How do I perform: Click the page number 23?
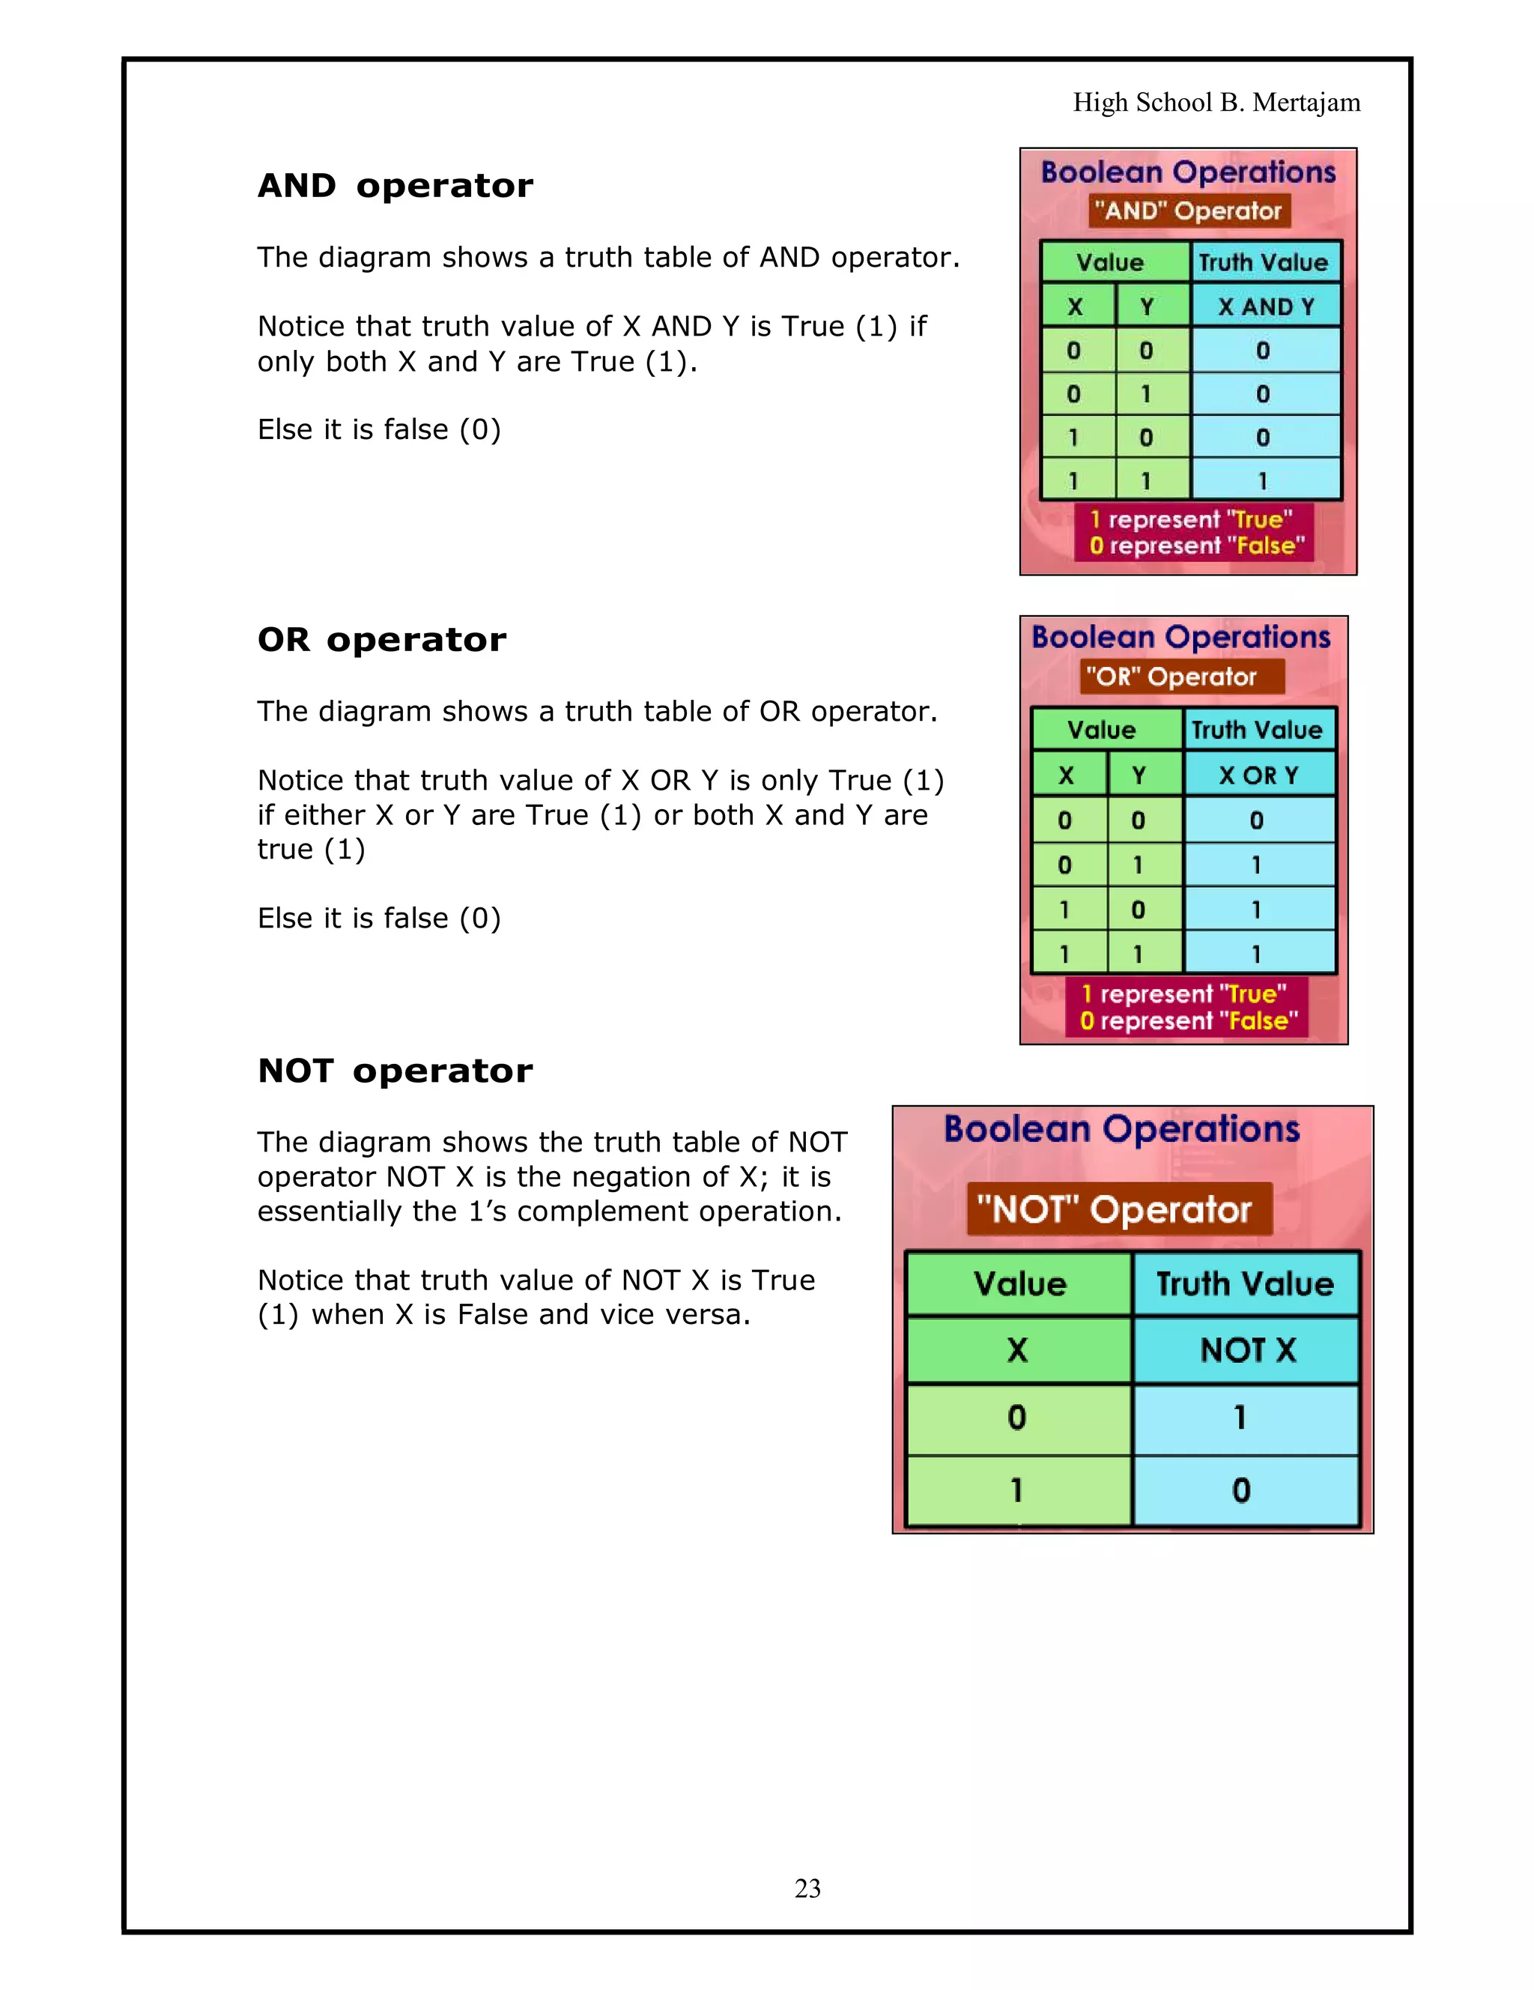(x=807, y=1888)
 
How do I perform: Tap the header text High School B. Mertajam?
(x=1216, y=102)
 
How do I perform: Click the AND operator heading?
(x=395, y=186)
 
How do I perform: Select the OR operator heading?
(x=382, y=640)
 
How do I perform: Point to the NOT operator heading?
(x=395, y=1071)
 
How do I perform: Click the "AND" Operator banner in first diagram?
(x=1189, y=211)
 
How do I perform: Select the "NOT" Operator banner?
(x=1118, y=1209)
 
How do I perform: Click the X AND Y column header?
(x=1265, y=306)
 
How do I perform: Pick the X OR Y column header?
(x=1258, y=775)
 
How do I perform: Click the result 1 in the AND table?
(x=1263, y=480)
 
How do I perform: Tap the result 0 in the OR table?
(x=1256, y=820)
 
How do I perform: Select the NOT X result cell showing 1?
(x=1240, y=1417)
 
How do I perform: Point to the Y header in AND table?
(x=1146, y=306)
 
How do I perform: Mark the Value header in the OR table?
(x=1101, y=730)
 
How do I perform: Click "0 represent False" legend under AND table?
(x=1196, y=545)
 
